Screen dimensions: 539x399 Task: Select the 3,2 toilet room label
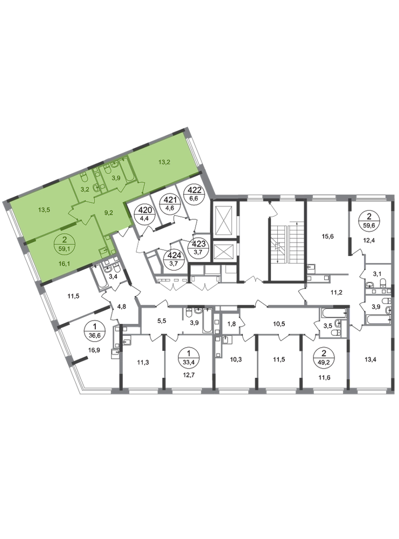point(84,189)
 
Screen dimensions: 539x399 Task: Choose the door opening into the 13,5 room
point(72,215)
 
